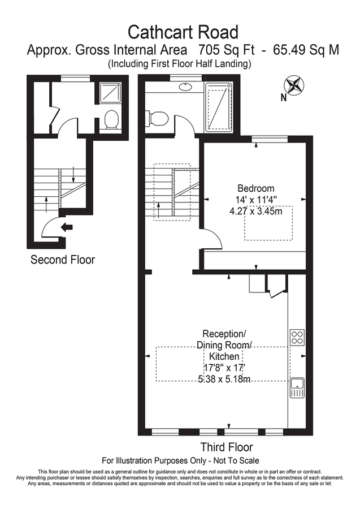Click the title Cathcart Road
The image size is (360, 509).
pyautogui.click(x=183, y=31)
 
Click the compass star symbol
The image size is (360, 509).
pyautogui.click(x=294, y=85)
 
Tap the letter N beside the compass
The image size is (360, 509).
pyautogui.click(x=284, y=97)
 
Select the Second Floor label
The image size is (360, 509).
pyautogui.click(x=63, y=260)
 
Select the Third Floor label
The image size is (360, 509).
pyautogui.click(x=226, y=447)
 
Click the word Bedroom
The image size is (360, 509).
pyautogui.click(x=256, y=188)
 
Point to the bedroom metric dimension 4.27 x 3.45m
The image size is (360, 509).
pyautogui.click(x=256, y=210)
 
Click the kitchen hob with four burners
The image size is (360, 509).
pyautogui.click(x=297, y=337)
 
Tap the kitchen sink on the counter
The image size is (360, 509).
pyautogui.click(x=297, y=388)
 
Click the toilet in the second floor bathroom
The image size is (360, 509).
pyautogui.click(x=111, y=120)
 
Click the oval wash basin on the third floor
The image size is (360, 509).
pyautogui.click(x=186, y=87)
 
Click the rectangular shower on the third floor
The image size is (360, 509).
pyautogui.click(x=218, y=106)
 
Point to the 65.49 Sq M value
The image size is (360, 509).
pyautogui.click(x=306, y=50)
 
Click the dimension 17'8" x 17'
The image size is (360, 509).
pyautogui.click(x=225, y=368)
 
